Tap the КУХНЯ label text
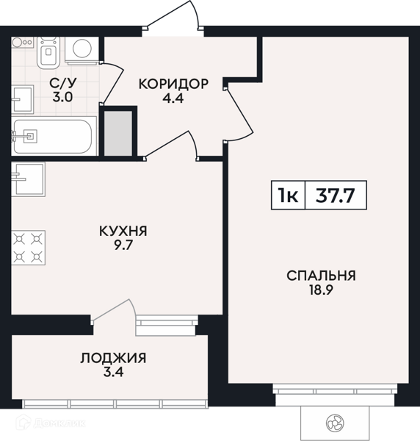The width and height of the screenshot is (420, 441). pyautogui.click(x=123, y=231)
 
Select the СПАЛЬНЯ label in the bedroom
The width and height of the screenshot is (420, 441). pyautogui.click(x=321, y=276)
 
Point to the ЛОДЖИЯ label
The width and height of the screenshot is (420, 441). pyautogui.click(x=113, y=358)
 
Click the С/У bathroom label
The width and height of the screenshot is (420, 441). pyautogui.click(x=61, y=83)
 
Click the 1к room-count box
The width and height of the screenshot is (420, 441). pyautogui.click(x=287, y=195)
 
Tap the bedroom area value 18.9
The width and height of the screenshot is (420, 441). pyautogui.click(x=321, y=291)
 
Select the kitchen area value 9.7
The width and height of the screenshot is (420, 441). pyautogui.click(x=123, y=246)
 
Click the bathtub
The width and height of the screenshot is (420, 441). pyautogui.click(x=51, y=136)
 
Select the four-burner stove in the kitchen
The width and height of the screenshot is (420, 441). pyautogui.click(x=28, y=248)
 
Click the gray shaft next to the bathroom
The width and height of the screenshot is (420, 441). pyautogui.click(x=117, y=132)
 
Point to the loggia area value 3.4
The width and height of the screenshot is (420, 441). pyautogui.click(x=113, y=373)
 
